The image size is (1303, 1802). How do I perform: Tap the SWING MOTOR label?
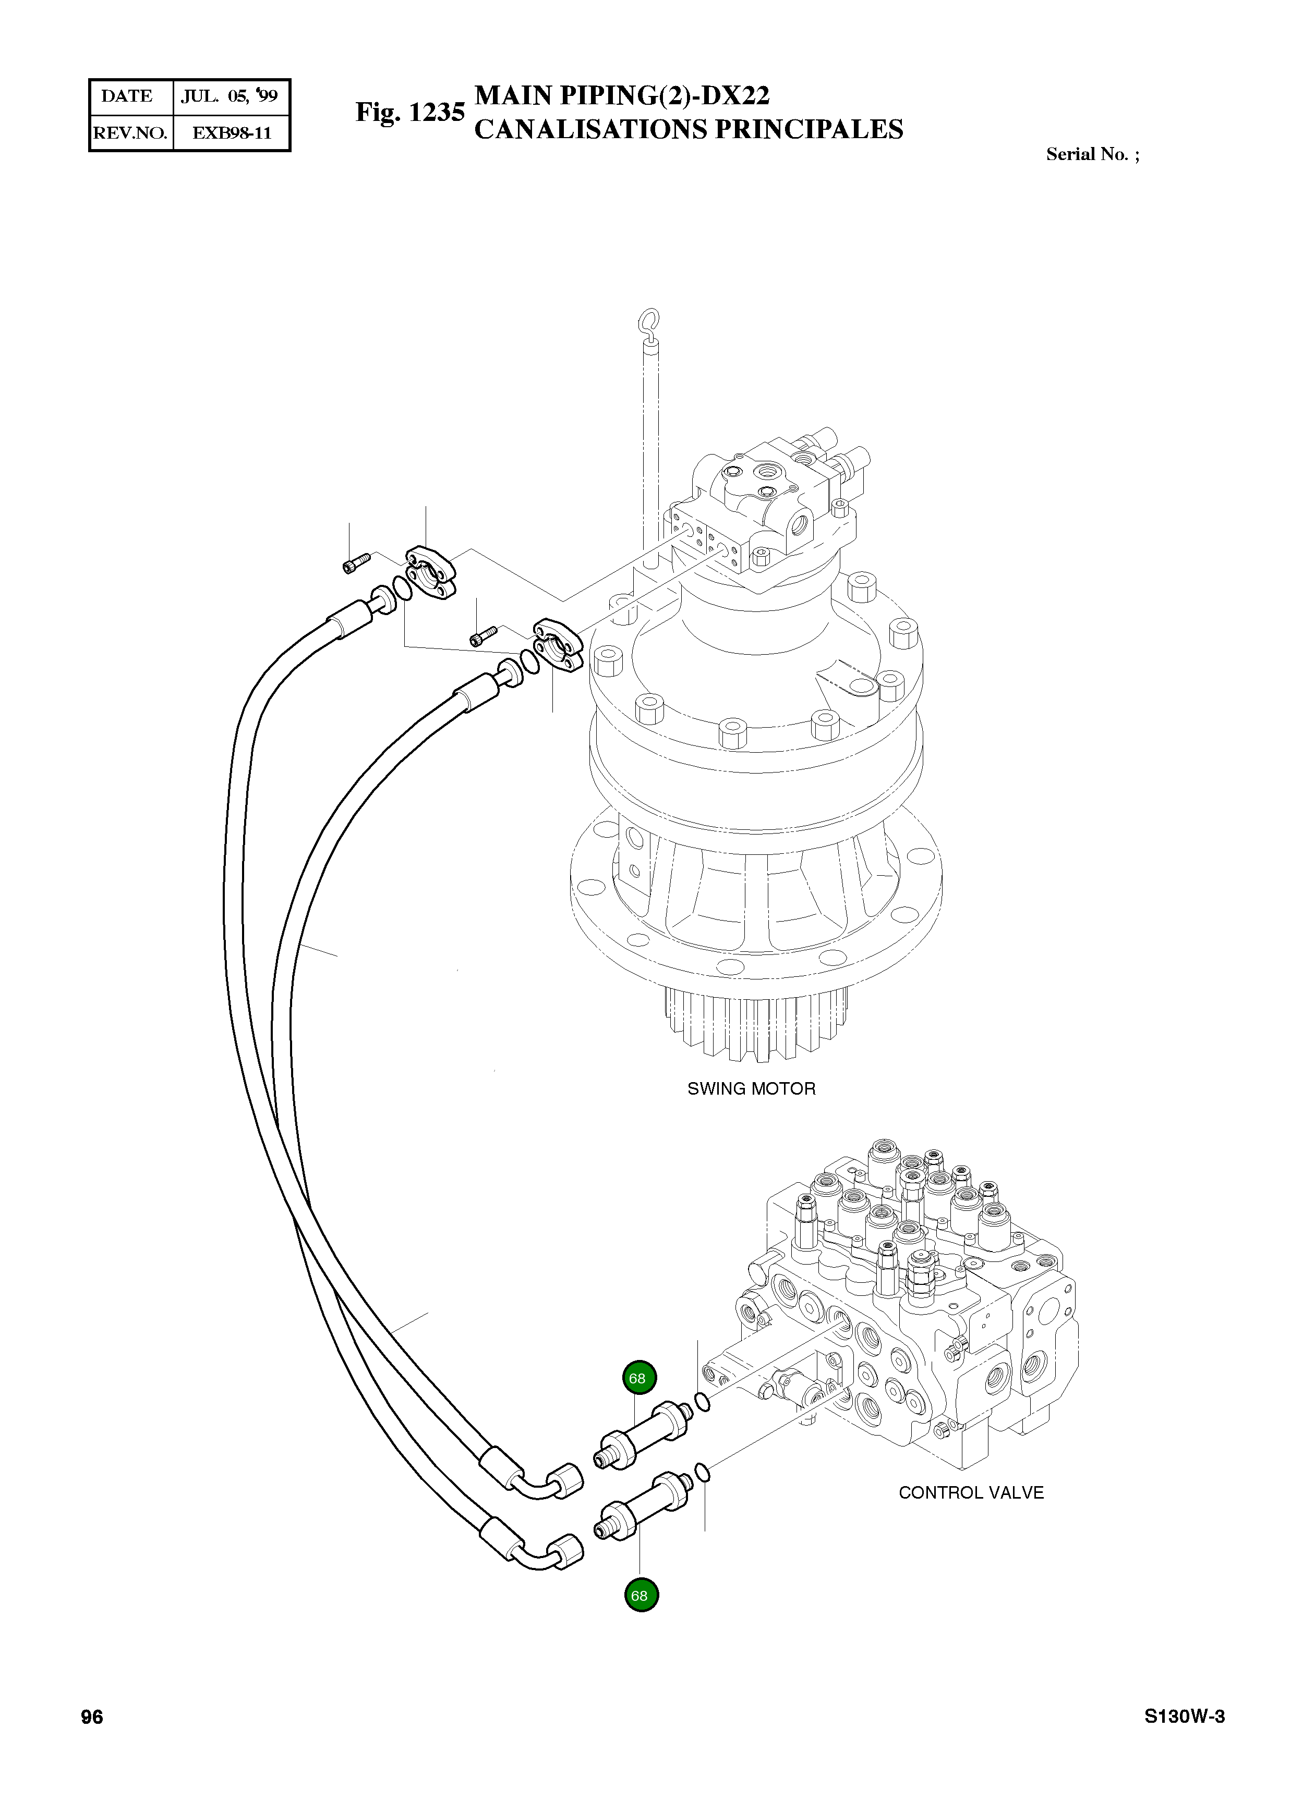tap(751, 1088)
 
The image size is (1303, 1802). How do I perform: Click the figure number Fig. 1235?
tap(409, 112)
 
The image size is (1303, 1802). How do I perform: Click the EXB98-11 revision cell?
tap(232, 133)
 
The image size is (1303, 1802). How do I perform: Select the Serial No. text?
tap(1092, 154)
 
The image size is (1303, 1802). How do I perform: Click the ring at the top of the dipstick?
tap(649, 321)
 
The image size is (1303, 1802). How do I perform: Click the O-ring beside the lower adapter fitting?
tap(702, 1473)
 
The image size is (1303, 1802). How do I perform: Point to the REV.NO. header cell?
tap(130, 133)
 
